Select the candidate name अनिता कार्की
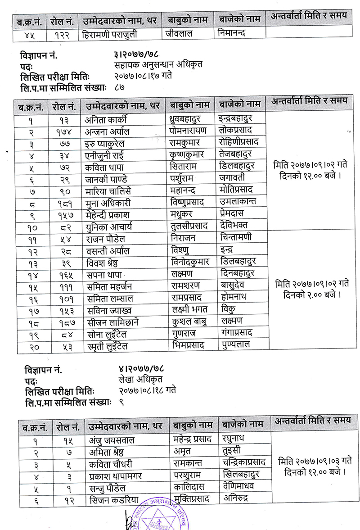106,119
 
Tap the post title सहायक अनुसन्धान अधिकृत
158,64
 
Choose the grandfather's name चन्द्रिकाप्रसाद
244,462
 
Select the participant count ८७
120,86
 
